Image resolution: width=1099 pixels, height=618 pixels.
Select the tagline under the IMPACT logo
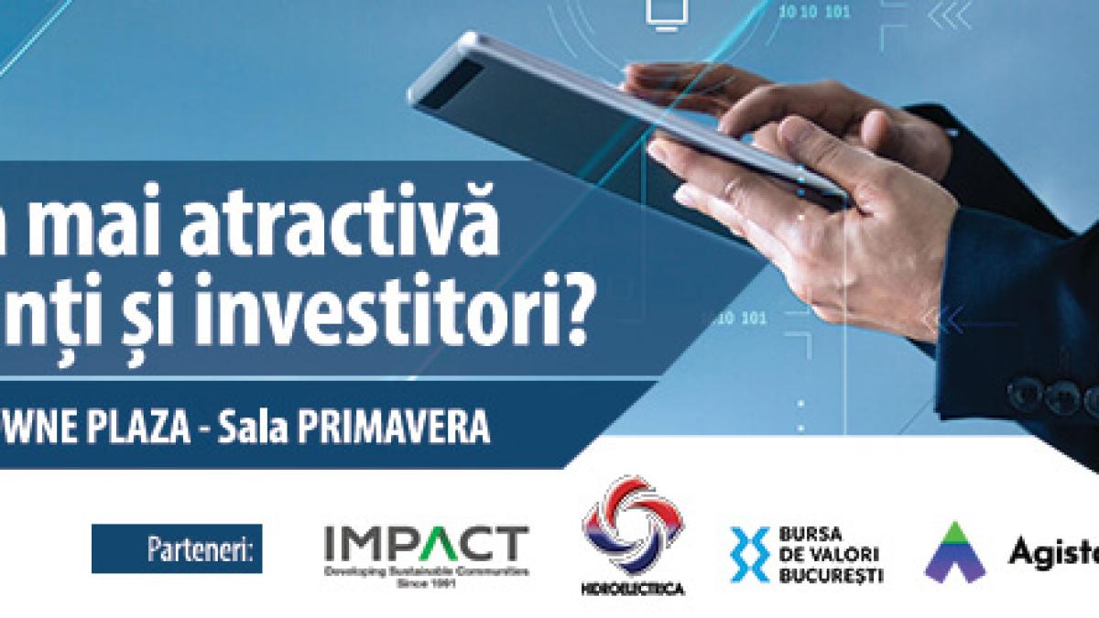click(x=427, y=574)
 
